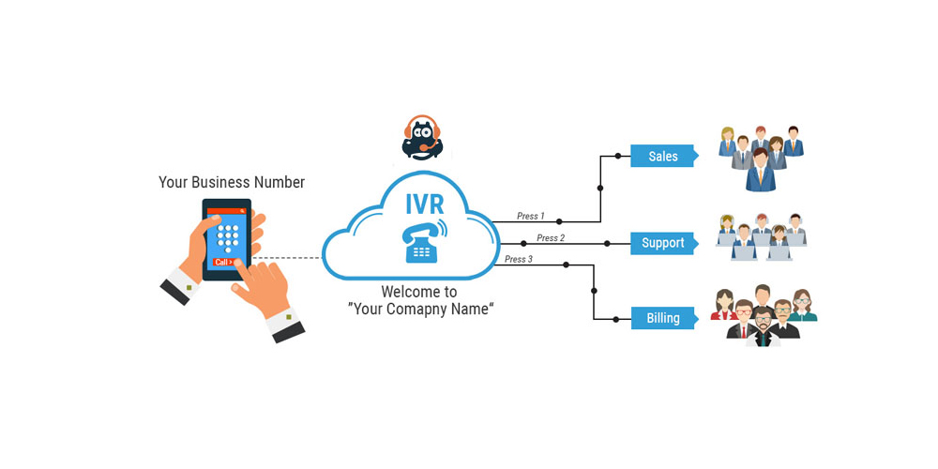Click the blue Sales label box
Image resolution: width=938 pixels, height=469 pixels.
click(662, 156)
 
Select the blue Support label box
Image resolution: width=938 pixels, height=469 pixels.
click(662, 243)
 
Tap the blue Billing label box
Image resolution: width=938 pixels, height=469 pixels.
click(662, 318)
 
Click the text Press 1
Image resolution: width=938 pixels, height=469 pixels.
click(530, 217)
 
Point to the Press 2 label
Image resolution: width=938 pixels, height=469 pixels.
click(551, 238)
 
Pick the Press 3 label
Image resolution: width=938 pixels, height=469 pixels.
click(518, 260)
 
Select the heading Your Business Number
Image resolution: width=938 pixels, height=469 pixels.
click(232, 182)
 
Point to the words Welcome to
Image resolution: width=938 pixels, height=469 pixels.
click(418, 291)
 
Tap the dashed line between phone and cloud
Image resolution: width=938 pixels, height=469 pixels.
click(287, 257)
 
